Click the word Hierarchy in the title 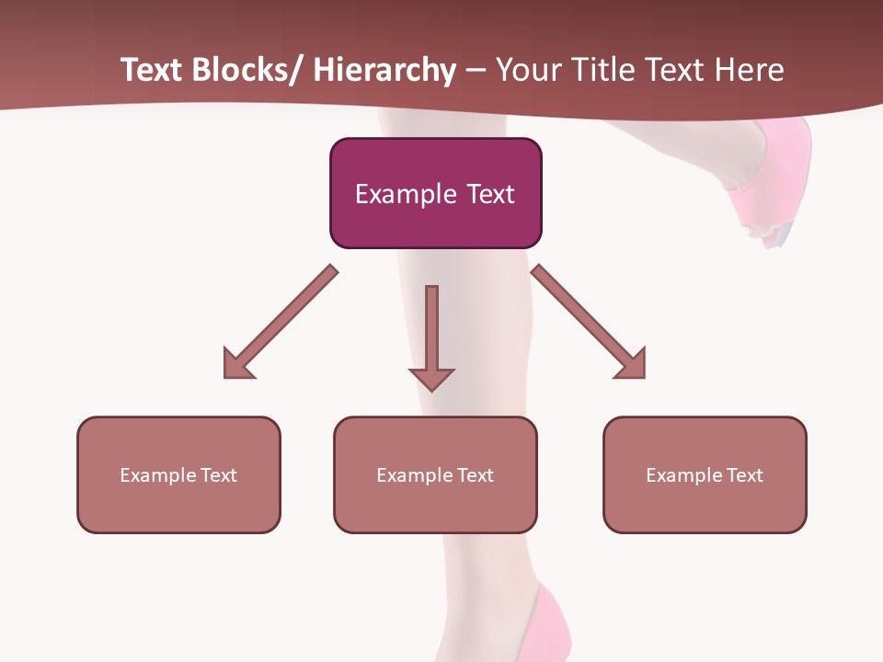click(384, 71)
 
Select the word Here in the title click(749, 71)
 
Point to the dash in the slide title click(476, 72)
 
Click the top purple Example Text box click(435, 193)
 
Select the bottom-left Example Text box click(178, 474)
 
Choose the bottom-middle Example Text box click(435, 474)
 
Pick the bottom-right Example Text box click(705, 474)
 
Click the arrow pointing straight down click(431, 337)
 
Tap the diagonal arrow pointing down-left click(281, 322)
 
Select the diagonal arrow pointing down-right click(589, 322)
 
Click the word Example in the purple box click(406, 194)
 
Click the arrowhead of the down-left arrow click(237, 364)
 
